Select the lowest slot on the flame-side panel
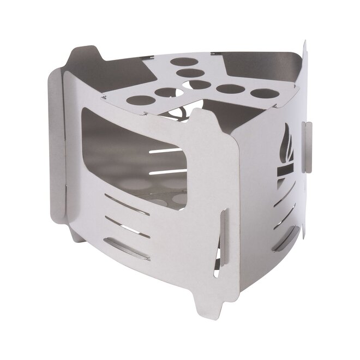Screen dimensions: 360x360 (x=285, y=238)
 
